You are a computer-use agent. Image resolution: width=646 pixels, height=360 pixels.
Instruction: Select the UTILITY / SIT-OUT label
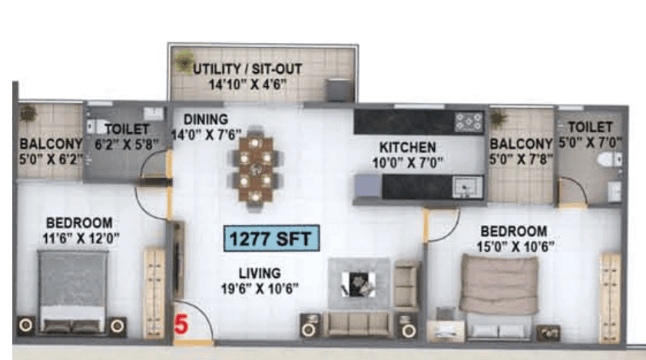tap(247, 69)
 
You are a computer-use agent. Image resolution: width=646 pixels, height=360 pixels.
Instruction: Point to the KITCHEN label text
tap(407, 147)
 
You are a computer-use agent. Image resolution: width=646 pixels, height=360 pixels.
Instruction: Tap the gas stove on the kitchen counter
tap(468, 121)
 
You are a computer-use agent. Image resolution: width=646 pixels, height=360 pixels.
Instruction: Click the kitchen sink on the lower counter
tap(467, 185)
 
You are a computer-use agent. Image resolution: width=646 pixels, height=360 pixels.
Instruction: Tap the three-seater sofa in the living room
tap(357, 323)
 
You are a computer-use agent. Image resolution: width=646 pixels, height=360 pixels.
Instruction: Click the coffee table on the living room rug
tap(359, 283)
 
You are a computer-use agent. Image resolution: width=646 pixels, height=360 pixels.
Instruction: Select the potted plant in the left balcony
tap(28, 114)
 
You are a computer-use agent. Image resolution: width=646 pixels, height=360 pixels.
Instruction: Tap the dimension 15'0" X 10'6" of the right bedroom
tap(519, 246)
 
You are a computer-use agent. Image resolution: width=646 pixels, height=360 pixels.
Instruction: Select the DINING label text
tap(205, 120)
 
